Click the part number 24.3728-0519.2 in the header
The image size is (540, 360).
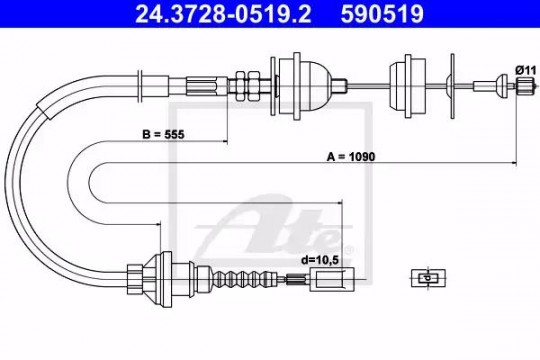point(223,14)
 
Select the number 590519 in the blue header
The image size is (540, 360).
point(382,14)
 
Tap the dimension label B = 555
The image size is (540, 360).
point(163,134)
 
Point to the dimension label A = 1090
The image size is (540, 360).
point(351,157)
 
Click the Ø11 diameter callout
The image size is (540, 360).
point(526,71)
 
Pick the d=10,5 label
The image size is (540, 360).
point(320,260)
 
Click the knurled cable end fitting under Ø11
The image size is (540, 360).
point(524,85)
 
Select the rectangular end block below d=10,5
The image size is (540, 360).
point(332,279)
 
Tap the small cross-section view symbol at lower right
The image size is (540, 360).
point(428,278)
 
